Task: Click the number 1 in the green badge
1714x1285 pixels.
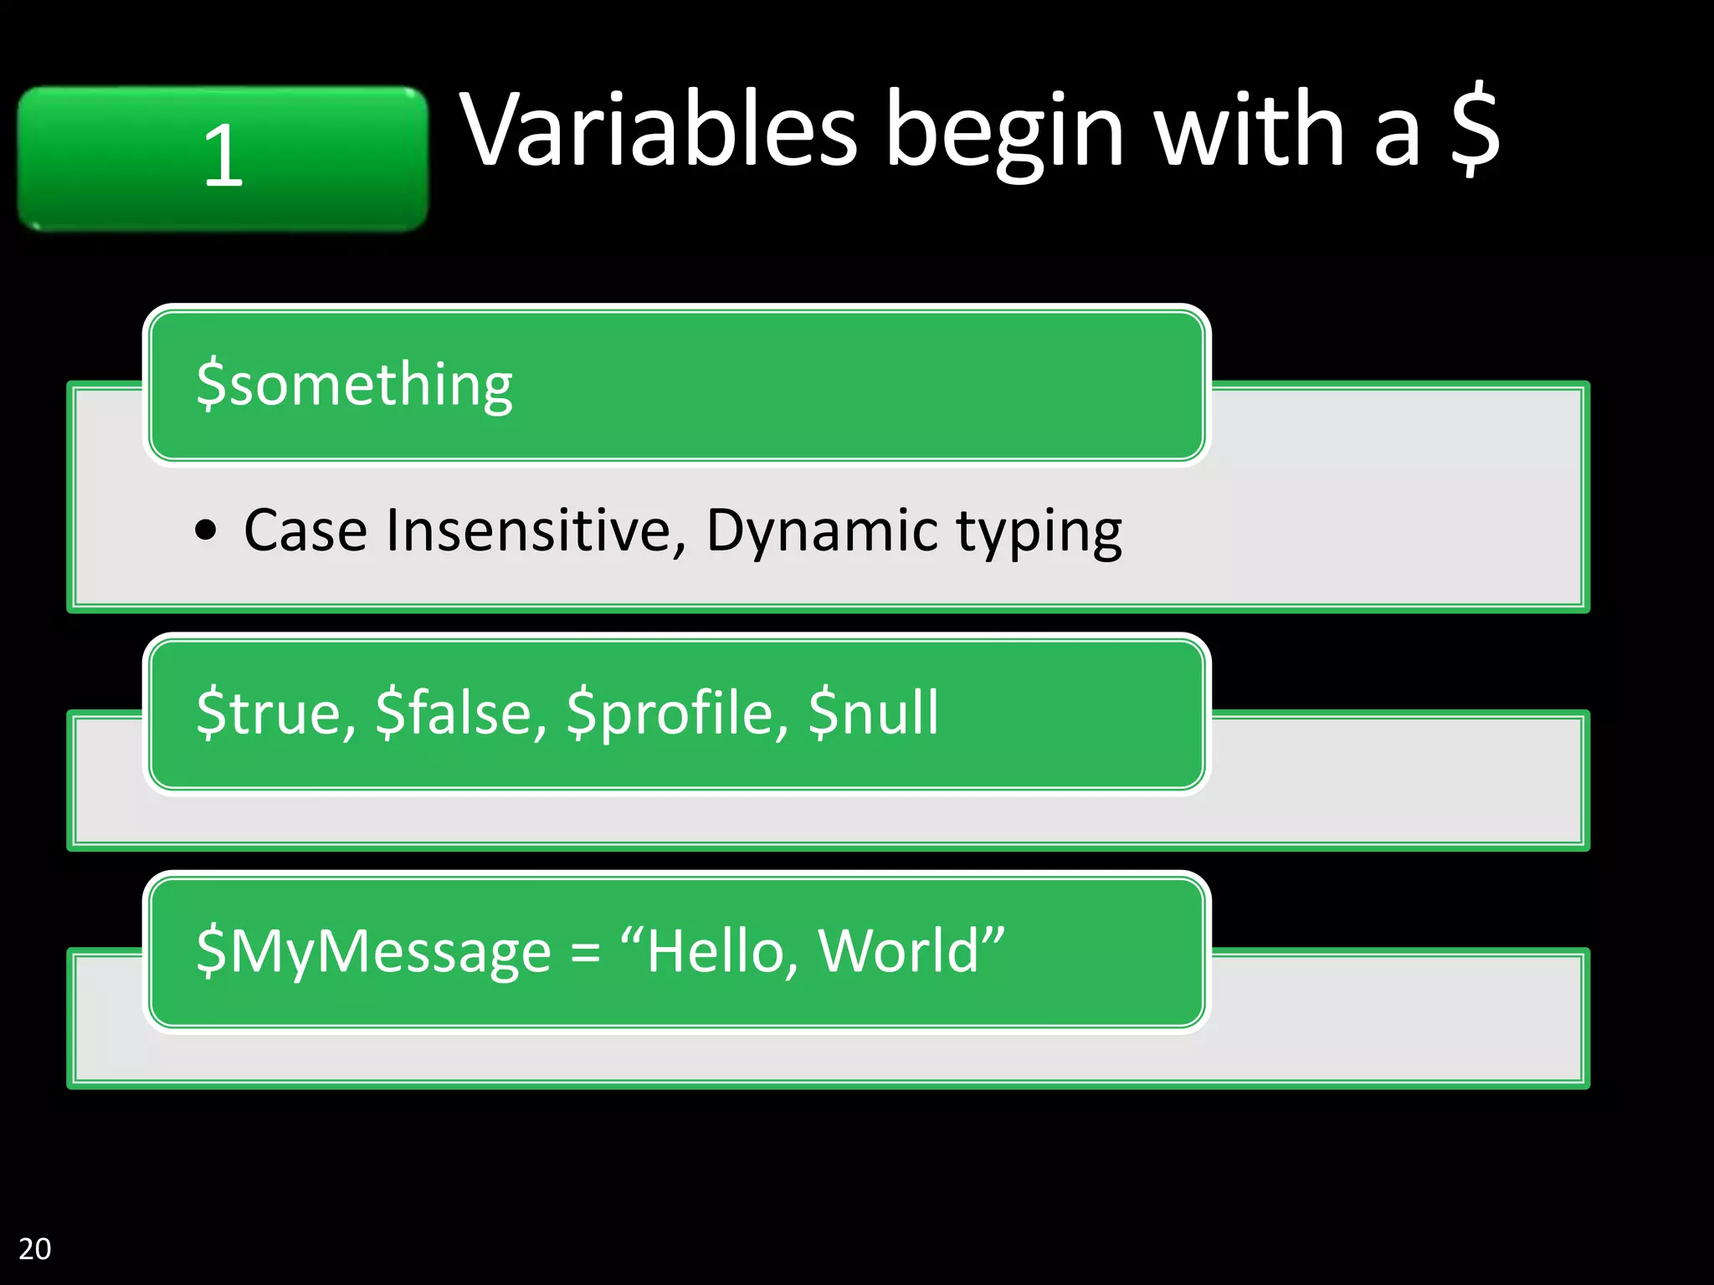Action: coord(223,156)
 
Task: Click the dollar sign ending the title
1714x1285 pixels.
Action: coord(1475,129)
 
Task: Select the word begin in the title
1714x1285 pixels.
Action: coord(1003,134)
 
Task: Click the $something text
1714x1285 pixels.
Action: coord(354,385)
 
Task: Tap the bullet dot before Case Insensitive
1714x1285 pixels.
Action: coord(206,530)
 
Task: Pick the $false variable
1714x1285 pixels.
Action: coord(461,713)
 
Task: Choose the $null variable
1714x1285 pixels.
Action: coord(873,713)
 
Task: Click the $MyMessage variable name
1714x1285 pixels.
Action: coord(373,952)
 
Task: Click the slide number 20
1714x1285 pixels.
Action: coord(35,1248)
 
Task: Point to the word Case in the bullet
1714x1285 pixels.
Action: coord(305,530)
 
